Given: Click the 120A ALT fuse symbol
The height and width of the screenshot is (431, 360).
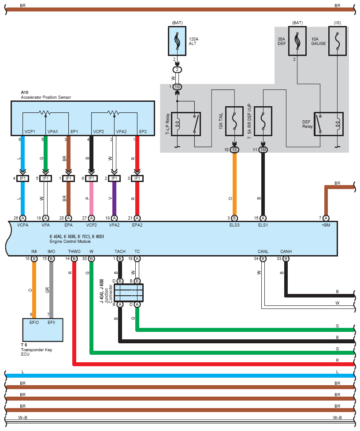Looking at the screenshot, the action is coord(177,41).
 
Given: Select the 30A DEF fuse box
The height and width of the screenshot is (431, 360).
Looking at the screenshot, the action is coord(297,41).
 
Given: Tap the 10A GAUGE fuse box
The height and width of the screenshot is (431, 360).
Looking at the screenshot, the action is coord(338,41).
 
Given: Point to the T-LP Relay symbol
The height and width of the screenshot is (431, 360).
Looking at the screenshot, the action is coord(186,124).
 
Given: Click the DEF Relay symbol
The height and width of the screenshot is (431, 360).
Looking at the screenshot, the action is coord(329,124).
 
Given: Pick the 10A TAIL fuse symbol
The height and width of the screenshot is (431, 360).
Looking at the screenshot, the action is coord(234,121).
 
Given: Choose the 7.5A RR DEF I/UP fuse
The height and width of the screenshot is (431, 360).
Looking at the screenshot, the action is coord(263,121).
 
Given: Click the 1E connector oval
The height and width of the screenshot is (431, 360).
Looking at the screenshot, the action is coord(234,150).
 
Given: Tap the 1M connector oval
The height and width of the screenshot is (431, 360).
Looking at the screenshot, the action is coord(263,150).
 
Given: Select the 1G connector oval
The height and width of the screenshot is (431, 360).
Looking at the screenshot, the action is coord(177,87).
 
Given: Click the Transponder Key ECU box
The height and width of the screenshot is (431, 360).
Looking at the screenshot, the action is coord(43,330).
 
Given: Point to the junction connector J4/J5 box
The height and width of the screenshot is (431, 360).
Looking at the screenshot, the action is coord(129,293).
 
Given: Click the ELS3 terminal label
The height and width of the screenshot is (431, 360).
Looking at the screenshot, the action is coord(234,225).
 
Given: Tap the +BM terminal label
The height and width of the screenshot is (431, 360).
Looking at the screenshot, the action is coord(326,225).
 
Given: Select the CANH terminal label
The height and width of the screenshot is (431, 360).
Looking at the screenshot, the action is coord(286,252).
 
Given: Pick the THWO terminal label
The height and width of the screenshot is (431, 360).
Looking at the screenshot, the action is coord(74,252).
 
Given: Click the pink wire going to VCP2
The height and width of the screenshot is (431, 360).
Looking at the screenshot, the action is coord(92,198).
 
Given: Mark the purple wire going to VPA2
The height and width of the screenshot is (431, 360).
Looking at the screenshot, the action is coord(114,198).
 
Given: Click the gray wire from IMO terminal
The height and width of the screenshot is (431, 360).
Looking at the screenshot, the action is coord(52,290).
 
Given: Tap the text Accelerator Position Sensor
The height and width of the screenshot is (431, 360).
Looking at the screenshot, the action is coord(46,97).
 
